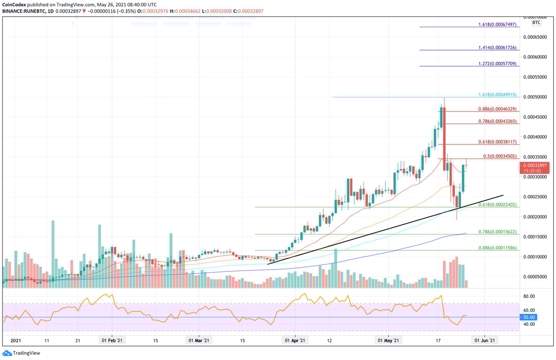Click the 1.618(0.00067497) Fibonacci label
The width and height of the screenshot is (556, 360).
point(497,24)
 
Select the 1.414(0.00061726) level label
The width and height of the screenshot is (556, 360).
point(497,47)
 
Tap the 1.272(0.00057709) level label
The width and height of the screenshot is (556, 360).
point(497,63)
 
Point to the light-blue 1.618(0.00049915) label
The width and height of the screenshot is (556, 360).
point(497,94)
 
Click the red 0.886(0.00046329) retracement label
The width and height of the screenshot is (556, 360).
point(497,109)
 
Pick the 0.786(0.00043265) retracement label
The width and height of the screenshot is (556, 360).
point(497,121)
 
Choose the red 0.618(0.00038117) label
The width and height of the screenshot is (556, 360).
point(497,142)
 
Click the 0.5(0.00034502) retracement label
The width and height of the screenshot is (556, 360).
point(499,156)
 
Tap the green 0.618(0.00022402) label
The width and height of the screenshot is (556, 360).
point(497,204)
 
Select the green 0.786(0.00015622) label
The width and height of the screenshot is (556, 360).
point(497,232)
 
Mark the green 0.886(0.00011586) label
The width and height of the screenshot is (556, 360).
point(497,247)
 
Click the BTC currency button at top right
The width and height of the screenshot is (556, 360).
point(536,22)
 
